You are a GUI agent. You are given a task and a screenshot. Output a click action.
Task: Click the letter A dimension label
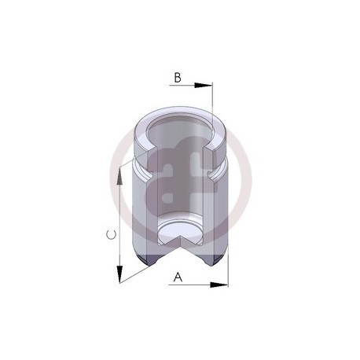pos(178,277)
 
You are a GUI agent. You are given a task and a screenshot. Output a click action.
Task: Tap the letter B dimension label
pos(178,78)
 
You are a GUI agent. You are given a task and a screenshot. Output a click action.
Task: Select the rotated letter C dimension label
pos(111,235)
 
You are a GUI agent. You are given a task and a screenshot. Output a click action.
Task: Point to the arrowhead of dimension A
pos(219,285)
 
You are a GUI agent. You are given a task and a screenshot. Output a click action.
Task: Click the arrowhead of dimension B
pos(204,85)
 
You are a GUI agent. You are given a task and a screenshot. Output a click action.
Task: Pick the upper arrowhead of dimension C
pos(119,176)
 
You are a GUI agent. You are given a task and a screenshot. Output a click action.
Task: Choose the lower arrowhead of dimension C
pos(119,274)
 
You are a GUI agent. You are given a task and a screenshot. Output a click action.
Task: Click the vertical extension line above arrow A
pos(228,266)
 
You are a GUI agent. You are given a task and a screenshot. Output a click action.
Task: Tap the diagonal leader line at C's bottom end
pos(136,275)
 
